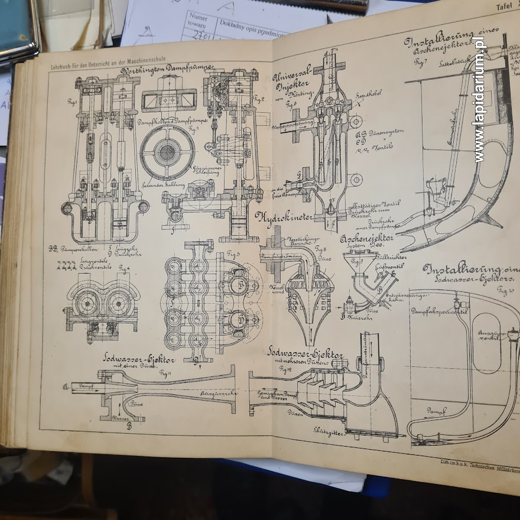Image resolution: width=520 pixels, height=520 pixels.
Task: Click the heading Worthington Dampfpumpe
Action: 167,71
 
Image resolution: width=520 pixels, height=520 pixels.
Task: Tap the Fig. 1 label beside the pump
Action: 73,102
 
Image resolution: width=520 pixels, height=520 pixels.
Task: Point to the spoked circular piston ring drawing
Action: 167,152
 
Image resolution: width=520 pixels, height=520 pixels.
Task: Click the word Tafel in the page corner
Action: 503,6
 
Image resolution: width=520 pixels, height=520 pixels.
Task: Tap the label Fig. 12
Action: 285,369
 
